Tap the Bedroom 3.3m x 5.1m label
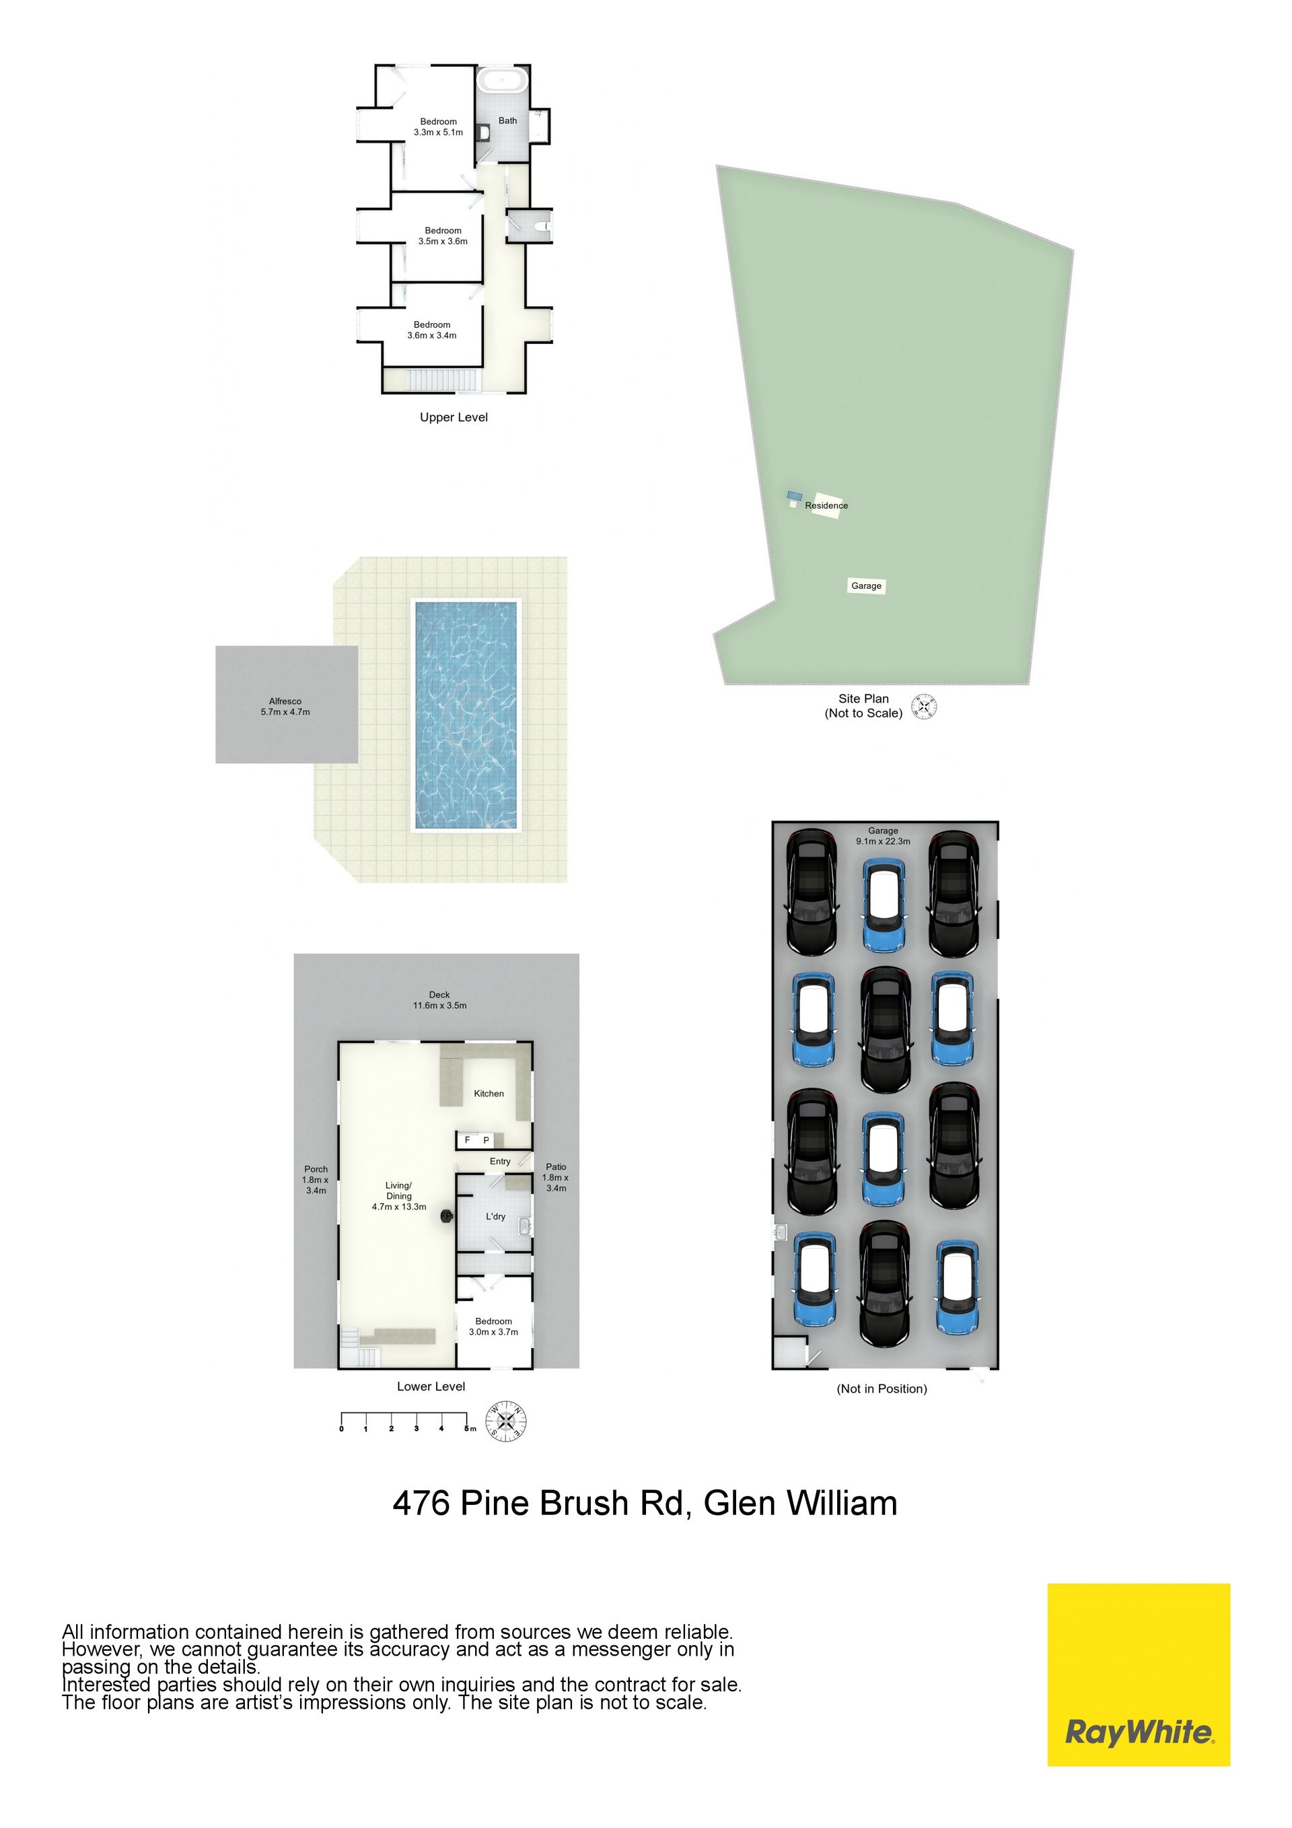tap(438, 127)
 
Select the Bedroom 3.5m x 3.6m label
tap(443, 236)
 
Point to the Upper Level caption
tap(454, 417)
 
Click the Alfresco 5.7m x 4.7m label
tap(285, 707)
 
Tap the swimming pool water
tap(466, 715)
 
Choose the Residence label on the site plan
tap(826, 505)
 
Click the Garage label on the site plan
tap(866, 586)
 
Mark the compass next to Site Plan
tap(924, 706)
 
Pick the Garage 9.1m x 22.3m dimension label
tap(883, 836)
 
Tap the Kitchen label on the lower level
tap(489, 1094)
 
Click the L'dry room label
tap(495, 1217)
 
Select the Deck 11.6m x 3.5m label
tap(439, 1000)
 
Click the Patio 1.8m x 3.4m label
tap(556, 1178)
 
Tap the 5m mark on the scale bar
tap(470, 1429)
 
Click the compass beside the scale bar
tap(506, 1421)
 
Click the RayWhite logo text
tap(1139, 1732)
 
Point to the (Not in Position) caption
tap(882, 1389)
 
